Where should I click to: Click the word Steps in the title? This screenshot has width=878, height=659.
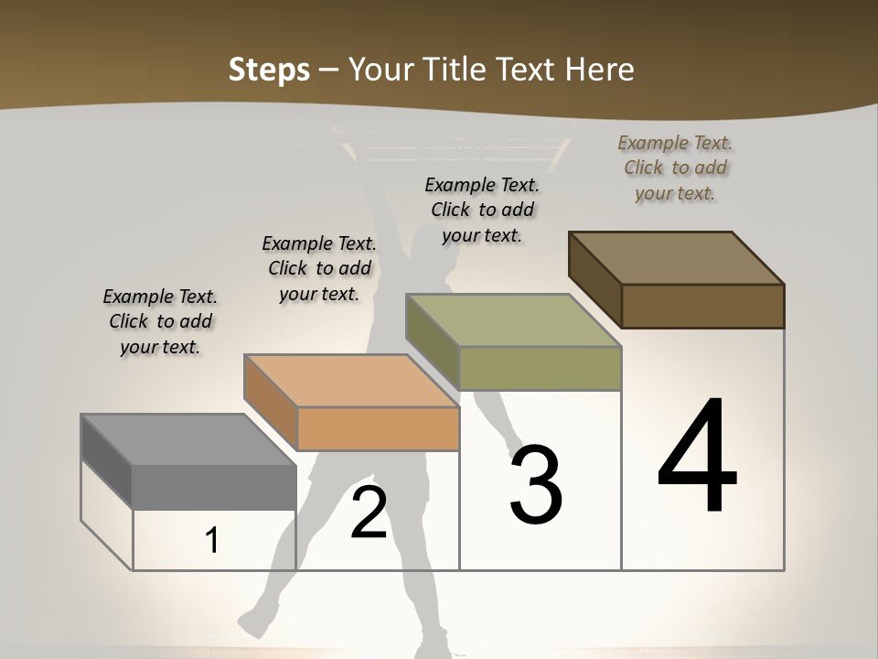pyautogui.click(x=269, y=70)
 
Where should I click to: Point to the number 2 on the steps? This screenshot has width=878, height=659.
pyautogui.click(x=369, y=513)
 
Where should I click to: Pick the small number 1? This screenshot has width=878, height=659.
pyautogui.click(x=212, y=540)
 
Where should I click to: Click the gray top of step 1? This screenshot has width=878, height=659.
pyautogui.click(x=187, y=439)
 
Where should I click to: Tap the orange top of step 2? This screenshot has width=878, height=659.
pyautogui.click(x=351, y=380)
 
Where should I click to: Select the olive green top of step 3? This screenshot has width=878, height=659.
pyautogui.click(x=513, y=320)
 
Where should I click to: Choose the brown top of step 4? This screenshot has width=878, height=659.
pyautogui.click(x=676, y=257)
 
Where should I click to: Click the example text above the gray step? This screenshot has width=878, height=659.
pyautogui.click(x=160, y=321)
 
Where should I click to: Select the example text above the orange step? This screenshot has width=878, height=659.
pyautogui.click(x=319, y=268)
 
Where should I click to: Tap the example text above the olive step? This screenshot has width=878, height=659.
pyautogui.click(x=482, y=210)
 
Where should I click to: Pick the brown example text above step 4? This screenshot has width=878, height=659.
pyautogui.click(x=675, y=167)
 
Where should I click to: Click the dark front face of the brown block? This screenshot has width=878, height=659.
pyautogui.click(x=702, y=306)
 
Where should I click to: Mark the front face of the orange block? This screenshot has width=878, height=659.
pyautogui.click(x=378, y=428)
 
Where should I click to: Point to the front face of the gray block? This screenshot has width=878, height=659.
pyautogui.click(x=214, y=487)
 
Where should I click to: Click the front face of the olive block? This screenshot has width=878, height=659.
pyautogui.click(x=540, y=368)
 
